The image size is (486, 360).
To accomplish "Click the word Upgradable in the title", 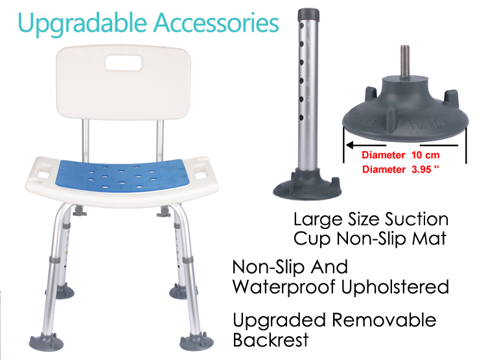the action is coord(82,23).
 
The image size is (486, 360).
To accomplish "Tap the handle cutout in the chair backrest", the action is coord(124,63).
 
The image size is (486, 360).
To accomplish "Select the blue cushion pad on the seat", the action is coord(121,176).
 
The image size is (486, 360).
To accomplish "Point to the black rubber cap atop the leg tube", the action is coord(308,14).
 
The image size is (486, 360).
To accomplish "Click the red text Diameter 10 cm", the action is coord(400,155).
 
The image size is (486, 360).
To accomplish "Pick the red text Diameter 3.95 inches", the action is coord(400,169).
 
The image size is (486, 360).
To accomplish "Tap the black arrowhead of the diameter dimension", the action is coord(350,145).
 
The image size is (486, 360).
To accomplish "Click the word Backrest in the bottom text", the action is coord(271,340).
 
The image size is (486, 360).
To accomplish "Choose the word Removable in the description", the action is coord(384,320).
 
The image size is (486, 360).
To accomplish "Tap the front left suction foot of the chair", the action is coord(46,342).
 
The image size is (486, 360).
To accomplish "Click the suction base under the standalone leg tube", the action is coord(307,186).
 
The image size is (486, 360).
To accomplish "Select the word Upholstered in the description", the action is coord(395,287).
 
